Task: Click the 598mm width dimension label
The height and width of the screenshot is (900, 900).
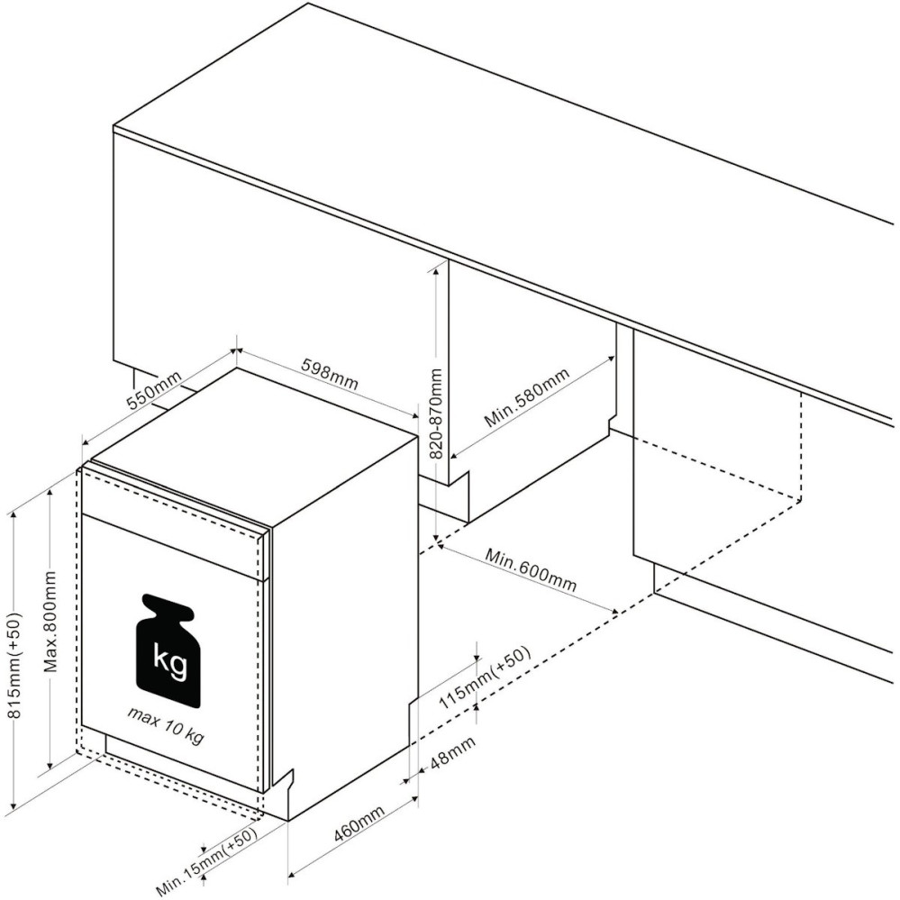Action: [x=330, y=374]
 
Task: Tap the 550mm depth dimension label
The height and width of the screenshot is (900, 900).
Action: [x=154, y=390]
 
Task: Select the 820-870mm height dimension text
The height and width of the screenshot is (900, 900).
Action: [x=436, y=414]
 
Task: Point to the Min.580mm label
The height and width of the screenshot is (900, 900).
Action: [x=527, y=398]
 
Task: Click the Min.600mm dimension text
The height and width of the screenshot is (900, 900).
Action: [x=531, y=569]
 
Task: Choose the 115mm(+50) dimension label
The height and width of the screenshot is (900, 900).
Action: [x=485, y=677]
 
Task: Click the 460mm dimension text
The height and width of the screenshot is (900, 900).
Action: [x=359, y=823]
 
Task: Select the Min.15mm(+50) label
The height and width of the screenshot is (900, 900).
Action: [x=206, y=861]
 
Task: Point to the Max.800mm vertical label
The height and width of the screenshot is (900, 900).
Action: [x=51, y=621]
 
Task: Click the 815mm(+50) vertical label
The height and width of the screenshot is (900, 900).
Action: [x=14, y=665]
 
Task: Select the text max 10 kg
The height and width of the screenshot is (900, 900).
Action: [x=166, y=724]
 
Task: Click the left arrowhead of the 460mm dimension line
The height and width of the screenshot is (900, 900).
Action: [x=292, y=874]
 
